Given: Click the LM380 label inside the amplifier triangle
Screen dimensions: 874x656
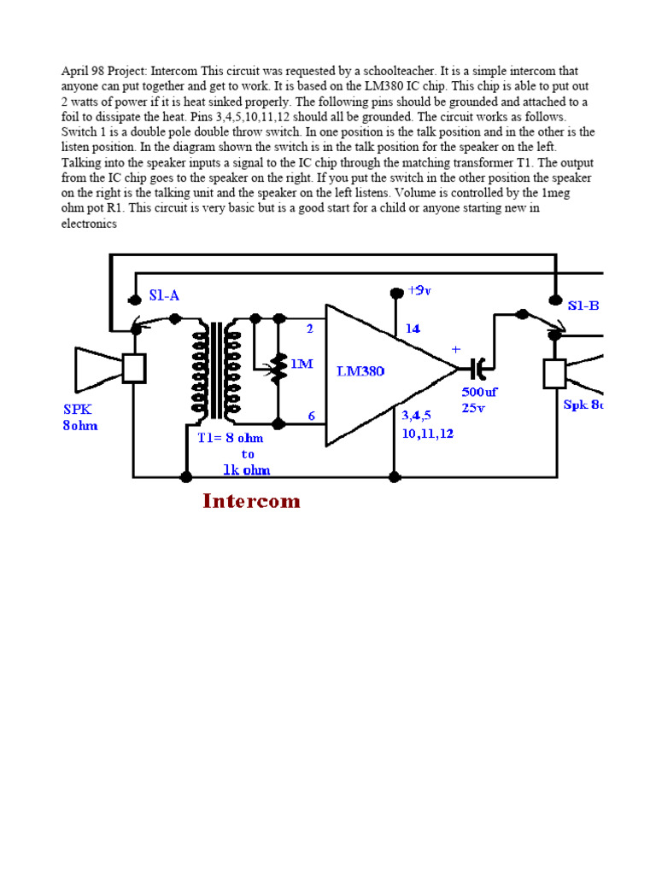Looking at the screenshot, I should [361, 372].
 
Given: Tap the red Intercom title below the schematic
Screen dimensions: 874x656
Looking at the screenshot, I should [251, 501].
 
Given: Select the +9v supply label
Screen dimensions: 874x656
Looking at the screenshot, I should [419, 291].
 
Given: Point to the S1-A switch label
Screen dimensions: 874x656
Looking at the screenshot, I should [164, 295].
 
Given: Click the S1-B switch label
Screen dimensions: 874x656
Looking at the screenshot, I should [583, 305].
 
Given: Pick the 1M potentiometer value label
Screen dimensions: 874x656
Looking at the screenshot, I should [302, 364].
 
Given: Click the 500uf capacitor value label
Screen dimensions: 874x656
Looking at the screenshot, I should [479, 392].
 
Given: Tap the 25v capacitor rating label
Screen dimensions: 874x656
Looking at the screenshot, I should [473, 408].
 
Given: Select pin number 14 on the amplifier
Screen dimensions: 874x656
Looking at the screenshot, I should [413, 328].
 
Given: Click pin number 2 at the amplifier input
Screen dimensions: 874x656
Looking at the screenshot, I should [310, 328].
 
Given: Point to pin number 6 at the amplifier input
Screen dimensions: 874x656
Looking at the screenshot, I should [312, 416].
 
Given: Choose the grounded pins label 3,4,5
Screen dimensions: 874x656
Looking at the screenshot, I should [418, 416].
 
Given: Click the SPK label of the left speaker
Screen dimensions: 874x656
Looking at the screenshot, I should [78, 409].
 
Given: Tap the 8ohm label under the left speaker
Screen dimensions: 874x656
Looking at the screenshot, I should [79, 425].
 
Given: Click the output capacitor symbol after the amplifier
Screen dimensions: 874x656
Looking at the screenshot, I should [478, 368].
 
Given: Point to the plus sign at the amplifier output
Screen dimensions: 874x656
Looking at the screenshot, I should [455, 350].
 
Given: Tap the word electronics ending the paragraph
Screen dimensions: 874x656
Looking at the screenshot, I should [89, 224].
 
